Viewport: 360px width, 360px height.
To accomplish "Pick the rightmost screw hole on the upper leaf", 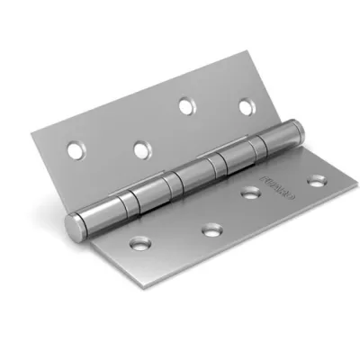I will [245, 108].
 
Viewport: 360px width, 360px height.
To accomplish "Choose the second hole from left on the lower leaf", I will [211, 231].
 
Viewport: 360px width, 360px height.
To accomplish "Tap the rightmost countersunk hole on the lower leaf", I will [316, 181].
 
